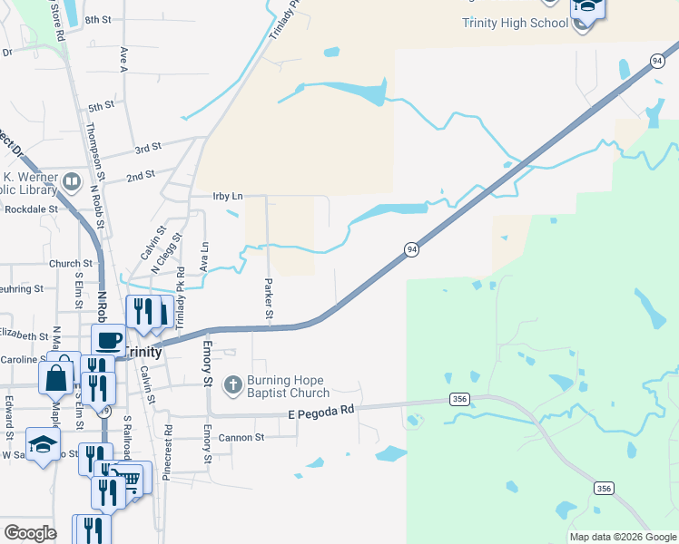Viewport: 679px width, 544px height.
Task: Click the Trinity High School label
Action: [514, 23]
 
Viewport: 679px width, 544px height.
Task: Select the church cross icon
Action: [232, 386]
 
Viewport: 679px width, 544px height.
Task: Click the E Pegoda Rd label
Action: [320, 413]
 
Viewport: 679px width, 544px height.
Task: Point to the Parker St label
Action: [269, 300]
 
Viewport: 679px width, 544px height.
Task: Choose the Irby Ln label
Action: [228, 196]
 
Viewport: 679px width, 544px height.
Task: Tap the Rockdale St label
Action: [31, 209]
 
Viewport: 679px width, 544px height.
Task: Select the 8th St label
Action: [96, 19]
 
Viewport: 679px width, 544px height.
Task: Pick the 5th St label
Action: [101, 106]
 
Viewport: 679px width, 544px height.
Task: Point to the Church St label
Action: [65, 265]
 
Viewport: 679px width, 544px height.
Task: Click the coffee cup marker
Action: [109, 340]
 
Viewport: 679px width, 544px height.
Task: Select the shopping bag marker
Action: [55, 375]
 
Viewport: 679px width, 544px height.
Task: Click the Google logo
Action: [30, 532]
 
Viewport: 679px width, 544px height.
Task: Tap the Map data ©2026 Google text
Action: [622, 537]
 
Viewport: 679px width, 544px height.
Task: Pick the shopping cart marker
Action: [132, 478]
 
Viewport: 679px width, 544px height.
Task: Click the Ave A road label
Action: [122, 60]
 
